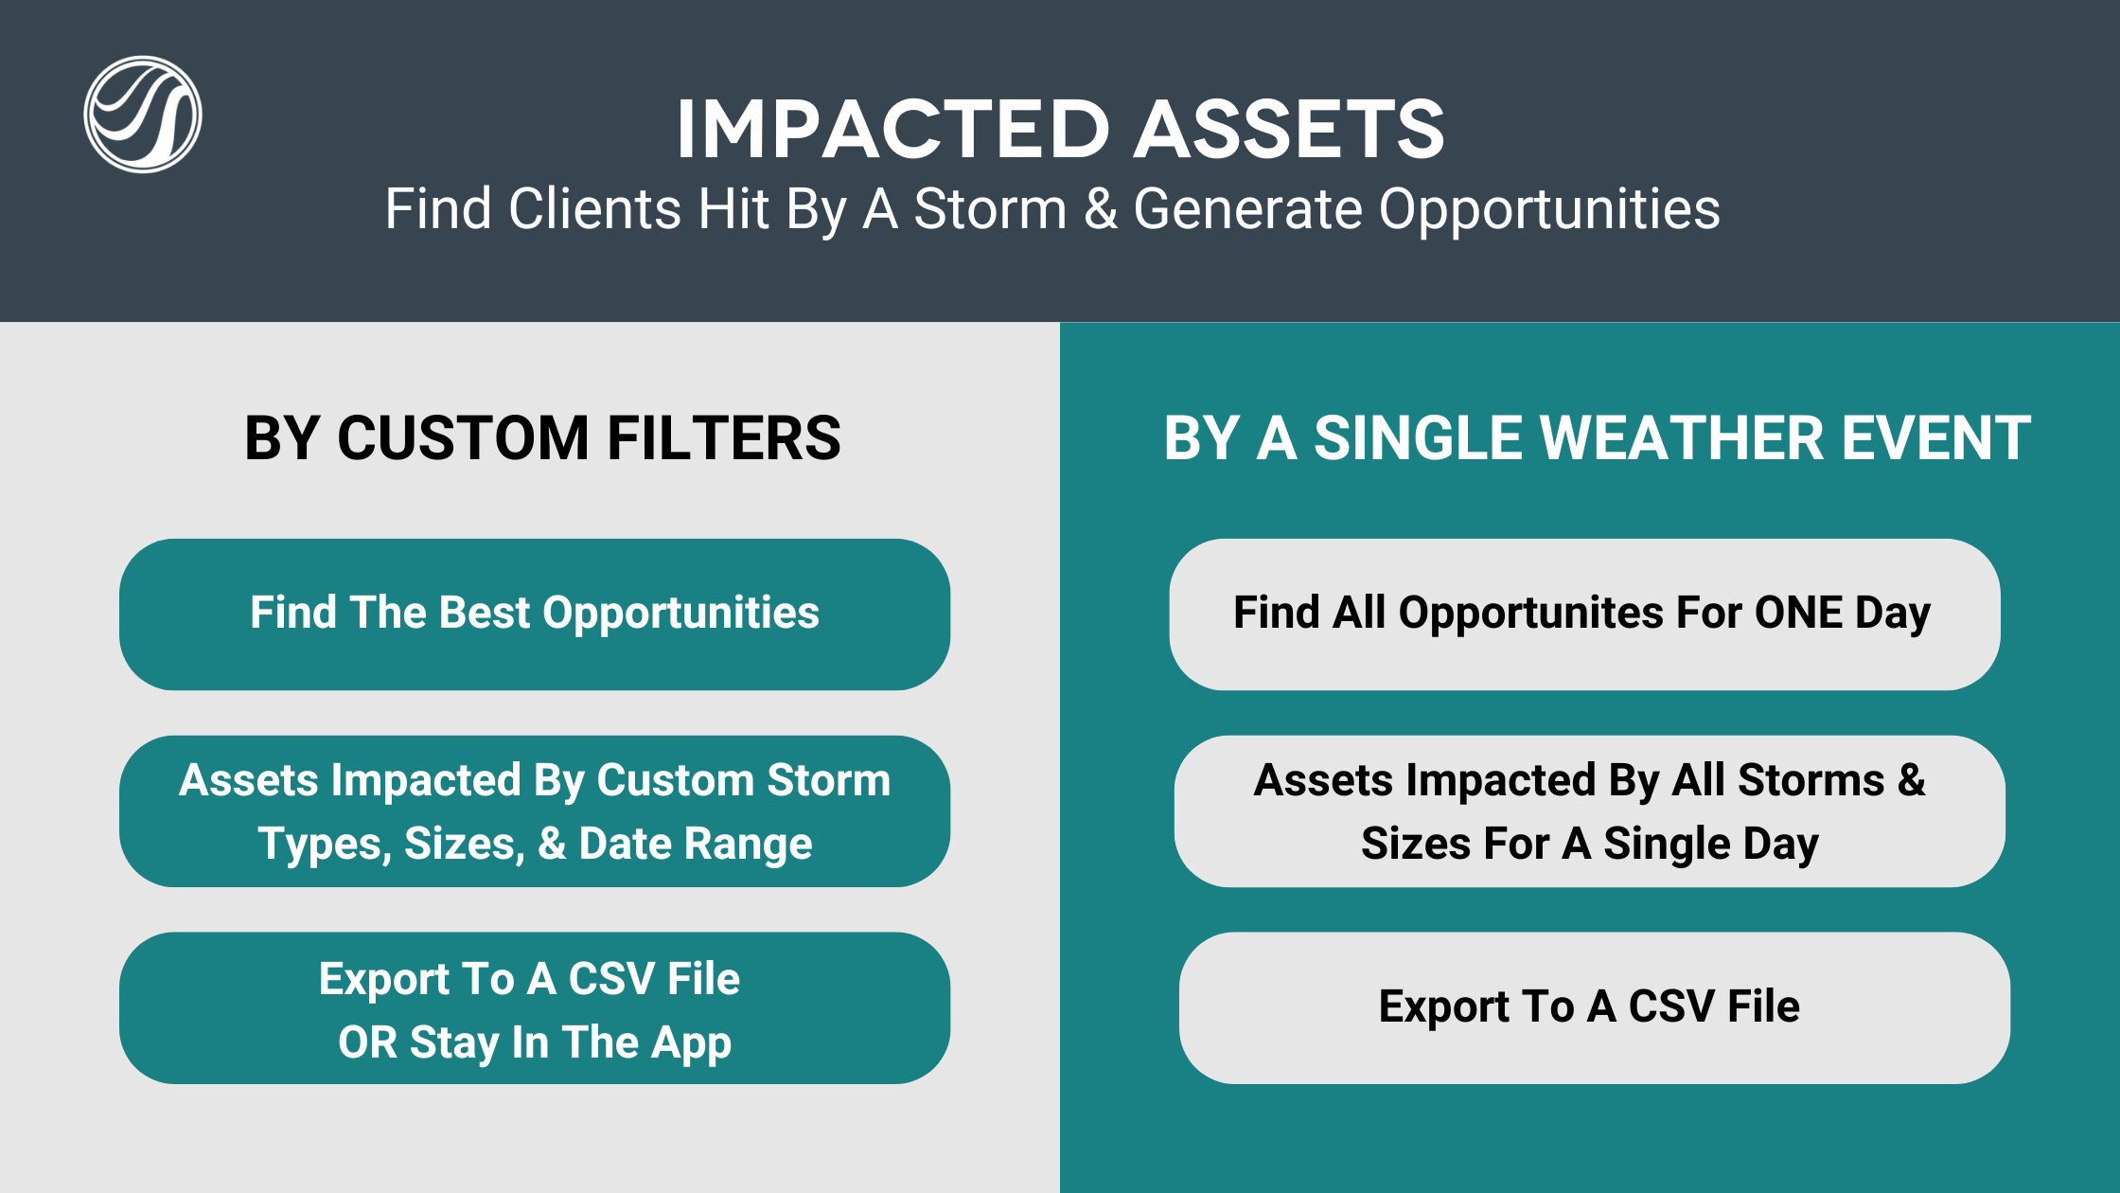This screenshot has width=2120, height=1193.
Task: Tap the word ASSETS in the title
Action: coord(1289,129)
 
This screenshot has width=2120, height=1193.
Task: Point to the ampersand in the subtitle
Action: coord(1101,208)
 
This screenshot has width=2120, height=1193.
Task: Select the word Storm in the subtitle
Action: coord(990,208)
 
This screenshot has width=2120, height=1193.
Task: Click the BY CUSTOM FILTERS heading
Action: coord(542,437)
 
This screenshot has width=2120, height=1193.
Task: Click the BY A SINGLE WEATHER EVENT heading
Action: coord(1598,437)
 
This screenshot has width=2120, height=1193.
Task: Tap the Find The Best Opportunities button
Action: coord(535,614)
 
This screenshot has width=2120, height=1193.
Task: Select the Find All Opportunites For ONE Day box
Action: coord(1585,614)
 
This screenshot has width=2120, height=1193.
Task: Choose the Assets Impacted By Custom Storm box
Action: coord(535,811)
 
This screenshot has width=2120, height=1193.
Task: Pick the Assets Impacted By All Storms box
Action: coord(1590,811)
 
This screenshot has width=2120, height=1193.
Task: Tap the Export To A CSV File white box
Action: coord(1595,1008)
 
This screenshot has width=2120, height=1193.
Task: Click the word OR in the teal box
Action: coord(367,1042)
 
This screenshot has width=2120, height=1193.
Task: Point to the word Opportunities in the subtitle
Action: coord(1549,210)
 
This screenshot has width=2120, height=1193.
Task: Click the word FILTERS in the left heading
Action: coord(724,437)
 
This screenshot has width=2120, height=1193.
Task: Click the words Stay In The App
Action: coord(571,1043)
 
